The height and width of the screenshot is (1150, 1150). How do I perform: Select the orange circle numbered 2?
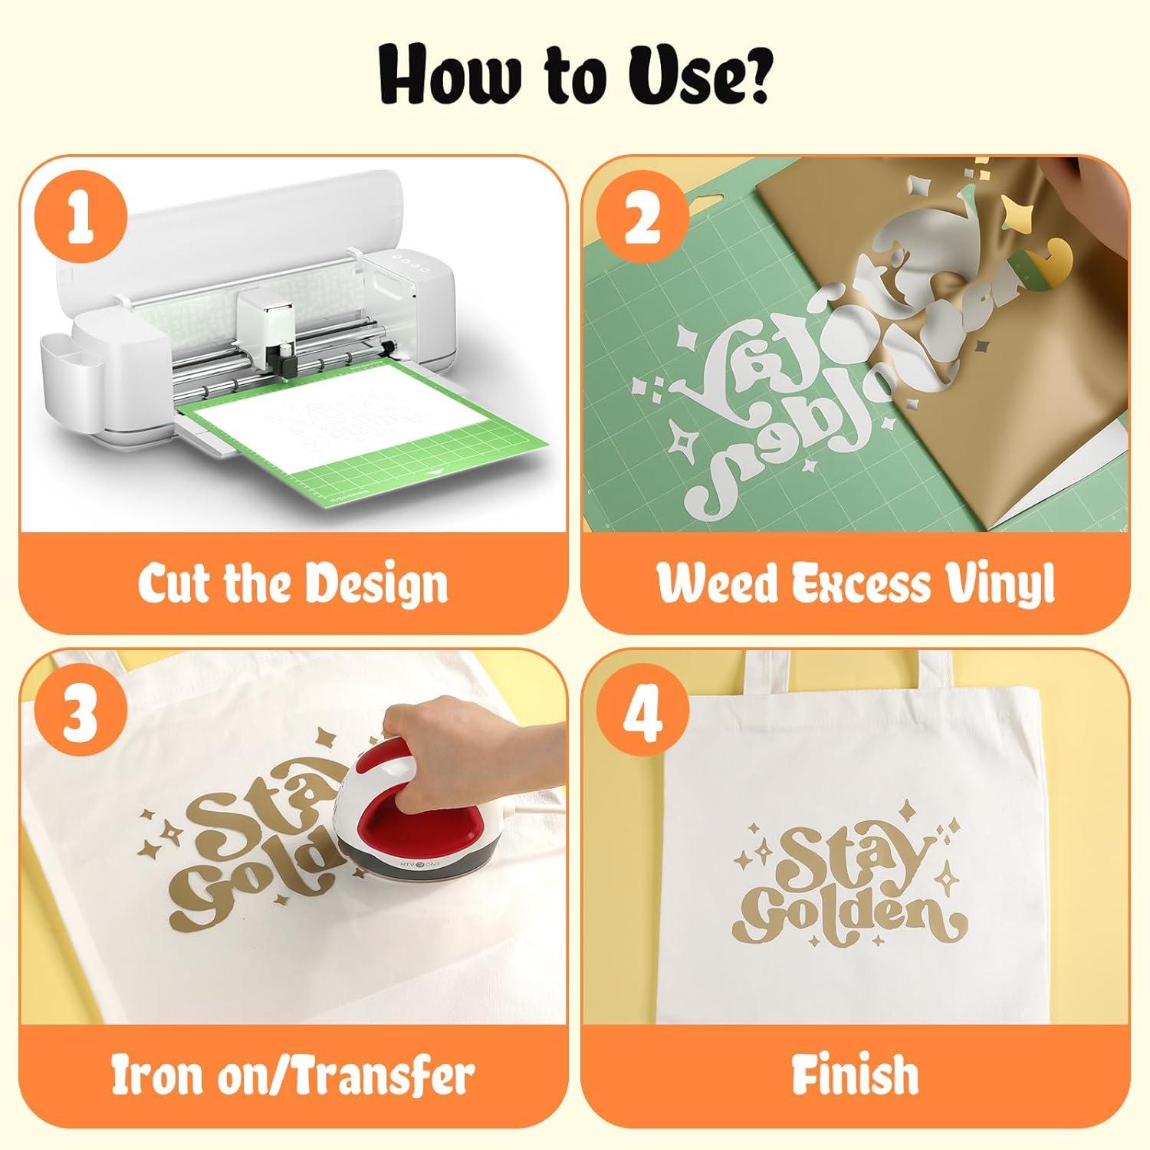click(641, 219)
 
